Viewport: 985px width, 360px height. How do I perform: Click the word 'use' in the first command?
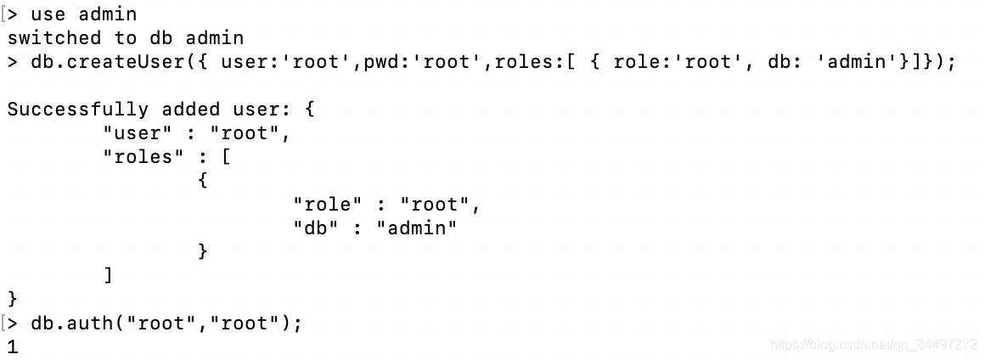[x=48, y=14]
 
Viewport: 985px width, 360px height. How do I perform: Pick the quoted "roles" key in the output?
[x=138, y=157]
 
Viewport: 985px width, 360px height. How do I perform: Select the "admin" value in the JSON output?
[x=417, y=228]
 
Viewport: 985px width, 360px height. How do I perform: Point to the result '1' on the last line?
[x=12, y=346]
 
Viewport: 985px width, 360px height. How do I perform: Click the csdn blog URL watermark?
[x=873, y=345]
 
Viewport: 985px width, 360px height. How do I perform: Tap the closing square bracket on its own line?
[x=108, y=275]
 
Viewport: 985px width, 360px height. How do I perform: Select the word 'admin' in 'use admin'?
[x=108, y=14]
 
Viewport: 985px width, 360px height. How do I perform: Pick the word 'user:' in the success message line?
[x=262, y=110]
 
